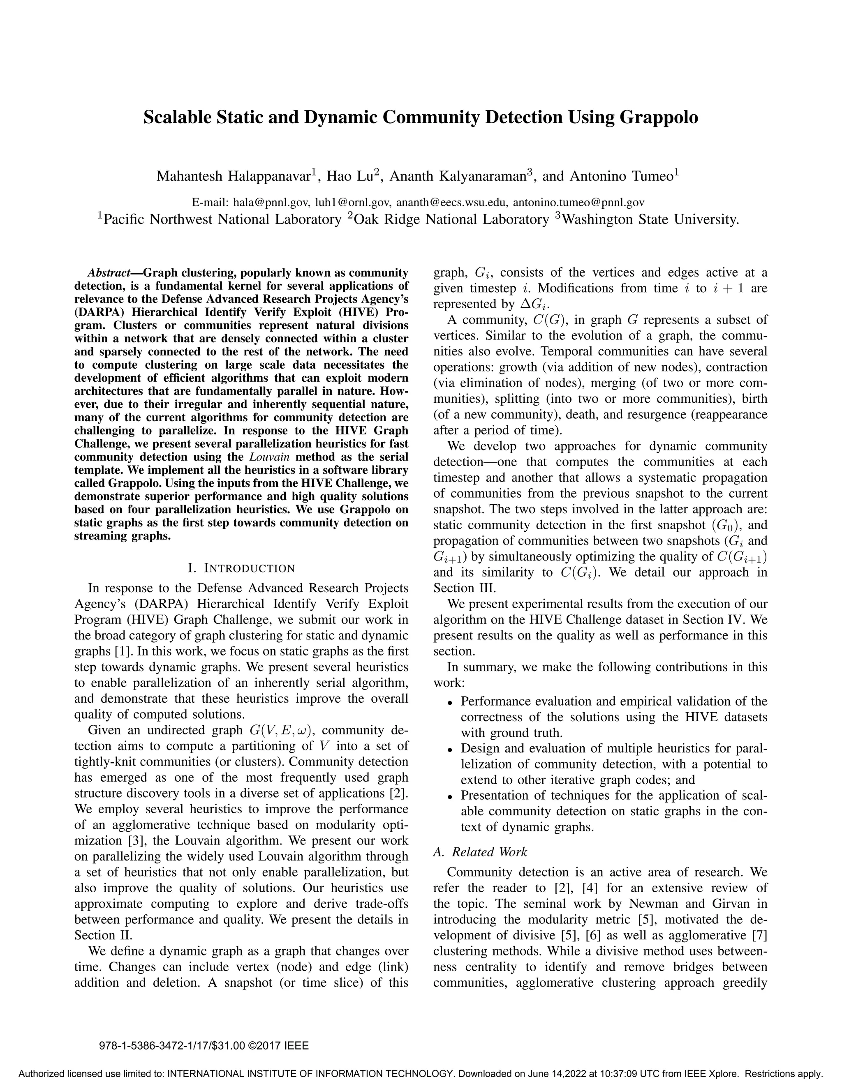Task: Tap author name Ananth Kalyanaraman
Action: tap(458, 177)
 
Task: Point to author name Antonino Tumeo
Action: tap(621, 177)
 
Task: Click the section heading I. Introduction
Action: tap(241, 568)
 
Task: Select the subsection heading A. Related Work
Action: tap(480, 851)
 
